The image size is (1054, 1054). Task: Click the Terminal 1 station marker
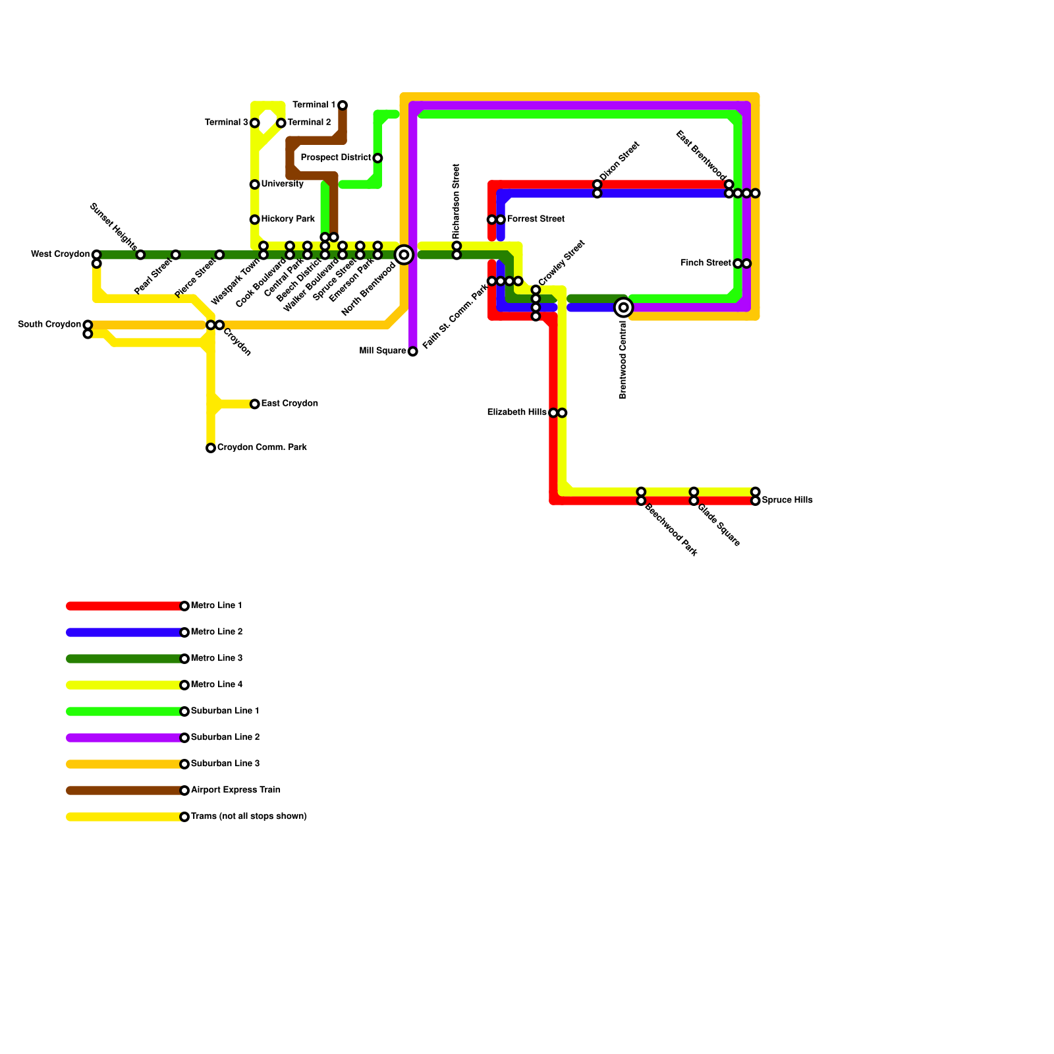[343, 105]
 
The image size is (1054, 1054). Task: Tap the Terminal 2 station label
[309, 123]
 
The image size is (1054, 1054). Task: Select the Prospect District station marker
[377, 158]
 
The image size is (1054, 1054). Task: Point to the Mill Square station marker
[412, 352]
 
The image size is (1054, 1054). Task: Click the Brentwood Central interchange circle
[623, 308]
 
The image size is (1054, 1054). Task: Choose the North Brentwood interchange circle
[404, 255]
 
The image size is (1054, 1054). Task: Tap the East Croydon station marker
[255, 404]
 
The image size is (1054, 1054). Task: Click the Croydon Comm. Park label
[262, 448]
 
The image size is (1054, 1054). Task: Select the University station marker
[255, 184]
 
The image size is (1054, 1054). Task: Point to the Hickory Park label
[288, 219]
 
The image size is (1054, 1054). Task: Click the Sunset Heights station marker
[140, 255]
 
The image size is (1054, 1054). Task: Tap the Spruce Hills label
[787, 501]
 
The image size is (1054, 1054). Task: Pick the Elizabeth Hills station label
[517, 412]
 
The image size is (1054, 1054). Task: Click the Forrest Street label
[536, 219]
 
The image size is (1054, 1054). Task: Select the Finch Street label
[706, 263]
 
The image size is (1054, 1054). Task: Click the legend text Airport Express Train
[236, 790]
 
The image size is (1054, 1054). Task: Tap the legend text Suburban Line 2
[225, 737]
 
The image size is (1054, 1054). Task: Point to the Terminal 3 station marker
[255, 123]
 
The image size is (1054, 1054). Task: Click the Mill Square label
[383, 351]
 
